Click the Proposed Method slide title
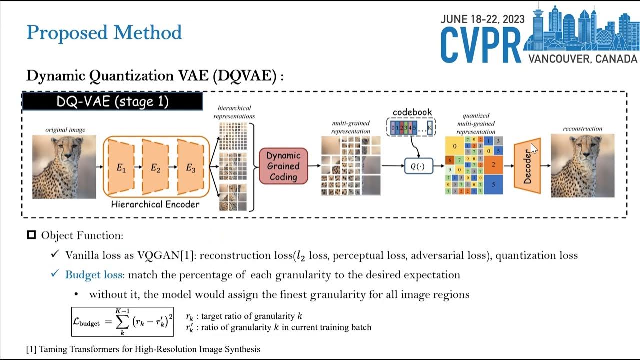104,33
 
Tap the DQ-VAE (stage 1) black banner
112,101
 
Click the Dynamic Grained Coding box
283,166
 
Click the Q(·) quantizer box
417,166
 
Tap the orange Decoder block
527,165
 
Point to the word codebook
412,112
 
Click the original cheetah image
64,166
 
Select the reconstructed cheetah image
582,165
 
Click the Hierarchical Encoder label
155,204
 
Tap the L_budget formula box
123,321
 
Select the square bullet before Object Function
31,235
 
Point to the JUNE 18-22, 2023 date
482,19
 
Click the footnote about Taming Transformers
143,349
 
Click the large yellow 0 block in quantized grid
454,146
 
